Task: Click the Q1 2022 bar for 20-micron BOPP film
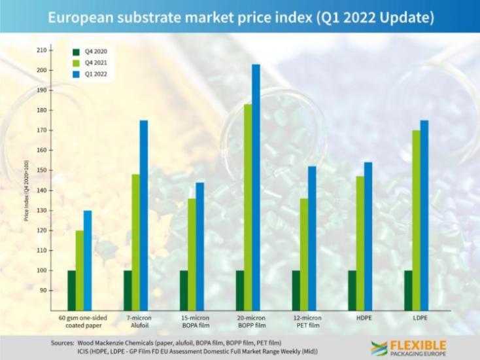point(256,187)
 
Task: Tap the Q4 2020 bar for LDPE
point(408,290)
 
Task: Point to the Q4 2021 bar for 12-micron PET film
point(304,255)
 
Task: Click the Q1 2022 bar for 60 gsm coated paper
point(88,261)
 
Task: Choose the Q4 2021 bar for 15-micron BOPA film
point(192,255)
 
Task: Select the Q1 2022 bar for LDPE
point(424,215)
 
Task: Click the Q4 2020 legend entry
point(92,50)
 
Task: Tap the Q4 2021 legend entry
point(92,62)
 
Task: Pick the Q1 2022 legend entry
point(92,75)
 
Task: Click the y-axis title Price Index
point(27,190)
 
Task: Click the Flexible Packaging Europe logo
point(408,348)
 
